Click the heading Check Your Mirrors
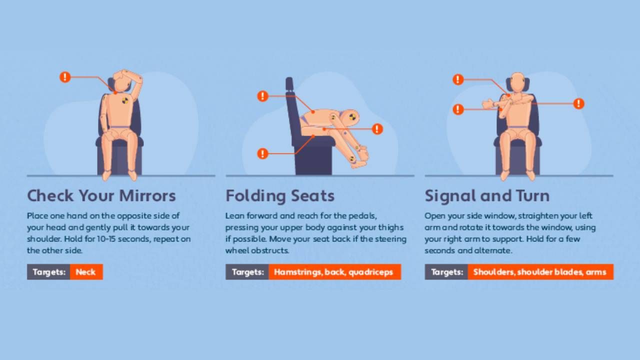coord(101,196)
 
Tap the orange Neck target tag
coord(86,271)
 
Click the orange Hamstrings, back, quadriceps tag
coord(334,271)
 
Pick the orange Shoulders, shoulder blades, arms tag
coord(540,271)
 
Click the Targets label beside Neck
coord(48,271)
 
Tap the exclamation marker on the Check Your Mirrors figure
coord(65,77)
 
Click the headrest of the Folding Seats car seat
coord(289,83)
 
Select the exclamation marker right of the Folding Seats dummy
coord(377,129)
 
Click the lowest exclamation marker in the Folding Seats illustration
coord(262,153)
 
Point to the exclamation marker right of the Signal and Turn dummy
coord(579,103)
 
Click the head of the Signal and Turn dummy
coord(517,82)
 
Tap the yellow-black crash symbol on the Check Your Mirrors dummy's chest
coord(125,100)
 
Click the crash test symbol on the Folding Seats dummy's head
coord(352,116)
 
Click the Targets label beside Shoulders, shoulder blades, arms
coord(446,271)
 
